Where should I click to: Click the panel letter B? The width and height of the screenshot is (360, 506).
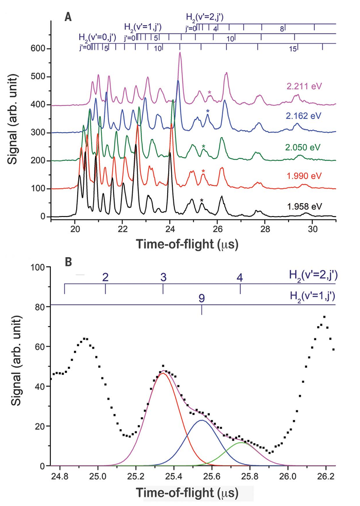pyautogui.click(x=68, y=261)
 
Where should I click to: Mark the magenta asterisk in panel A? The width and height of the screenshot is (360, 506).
pyautogui.click(x=209, y=93)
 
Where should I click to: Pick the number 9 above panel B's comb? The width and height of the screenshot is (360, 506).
pyautogui.click(x=202, y=298)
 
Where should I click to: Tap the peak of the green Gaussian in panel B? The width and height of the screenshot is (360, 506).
pyautogui.click(x=242, y=442)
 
